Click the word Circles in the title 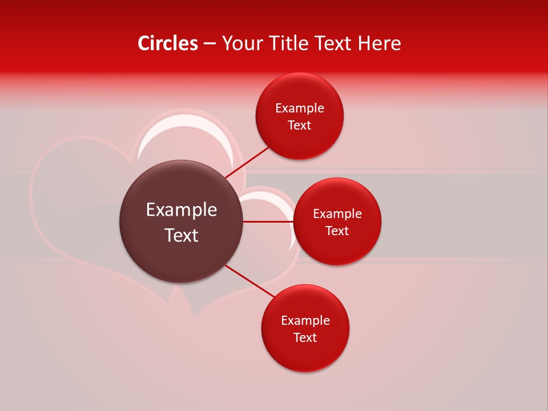tap(167, 43)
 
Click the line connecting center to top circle tap(247, 162)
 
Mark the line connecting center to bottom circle tap(250, 281)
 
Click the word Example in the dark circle tap(182, 210)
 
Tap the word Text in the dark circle tap(182, 235)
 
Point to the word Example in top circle tap(300, 108)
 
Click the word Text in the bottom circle tap(305, 338)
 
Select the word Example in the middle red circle tap(337, 214)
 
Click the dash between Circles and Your tap(209, 43)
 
